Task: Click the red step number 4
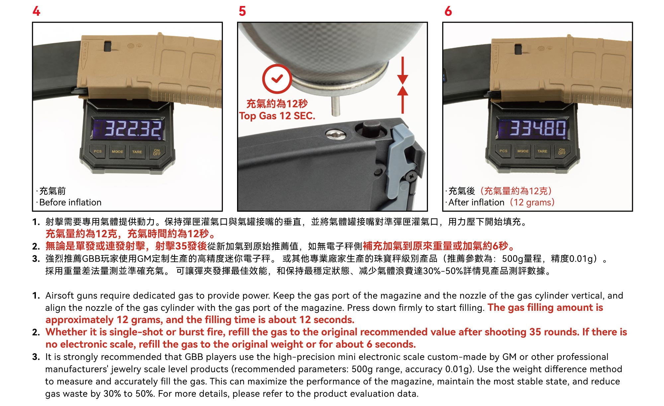[x=36, y=11]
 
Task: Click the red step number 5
[x=242, y=11]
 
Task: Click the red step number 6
[x=448, y=11]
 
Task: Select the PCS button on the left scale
[x=98, y=152]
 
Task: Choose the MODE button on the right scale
[x=523, y=151]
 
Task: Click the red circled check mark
[x=277, y=79]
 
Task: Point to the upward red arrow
[x=402, y=100]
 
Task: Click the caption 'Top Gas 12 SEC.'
[x=277, y=116]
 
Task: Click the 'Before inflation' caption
[x=70, y=202]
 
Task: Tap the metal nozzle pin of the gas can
[x=336, y=106]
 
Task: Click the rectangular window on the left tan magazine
[x=108, y=46]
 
